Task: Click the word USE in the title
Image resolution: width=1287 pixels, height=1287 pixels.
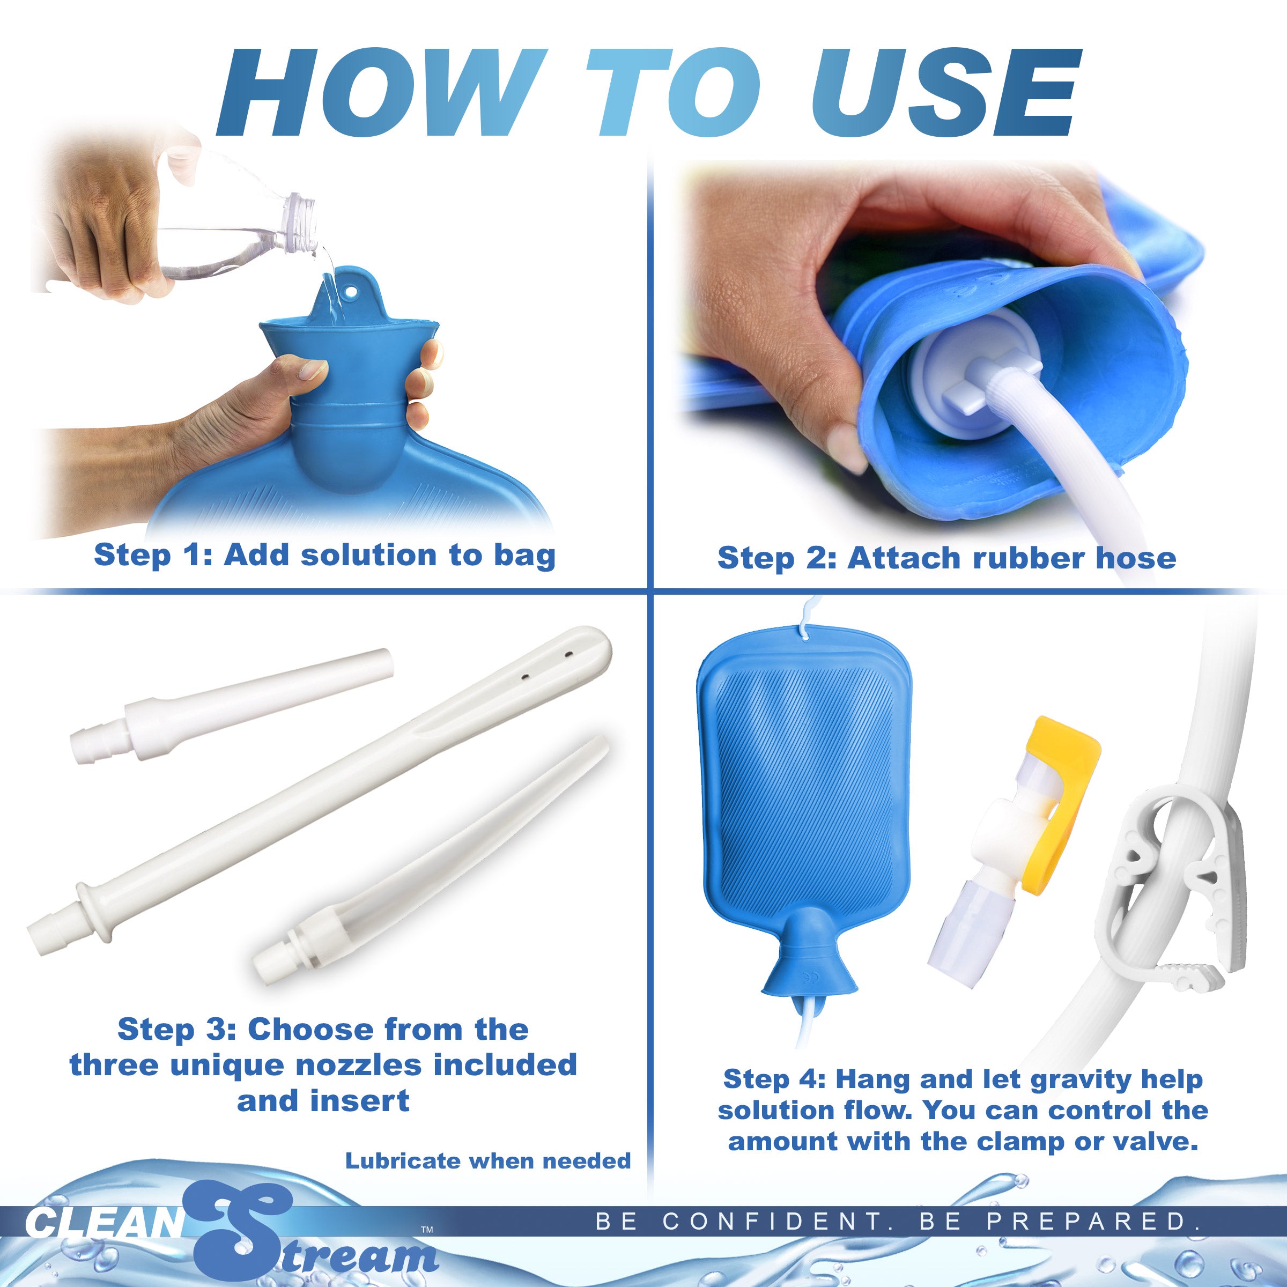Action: pos(944,93)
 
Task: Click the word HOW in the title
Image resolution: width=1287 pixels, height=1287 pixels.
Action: pos(380,93)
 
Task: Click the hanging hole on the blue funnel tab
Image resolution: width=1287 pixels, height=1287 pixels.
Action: pos(351,292)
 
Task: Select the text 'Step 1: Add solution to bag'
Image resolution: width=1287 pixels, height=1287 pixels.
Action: pos(324,555)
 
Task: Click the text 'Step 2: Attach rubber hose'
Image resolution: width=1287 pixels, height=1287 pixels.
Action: pos(946,558)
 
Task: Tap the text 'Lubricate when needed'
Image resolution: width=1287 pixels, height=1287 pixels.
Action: pos(487,1161)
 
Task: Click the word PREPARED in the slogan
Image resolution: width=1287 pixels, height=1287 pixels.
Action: pos(1092,1221)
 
